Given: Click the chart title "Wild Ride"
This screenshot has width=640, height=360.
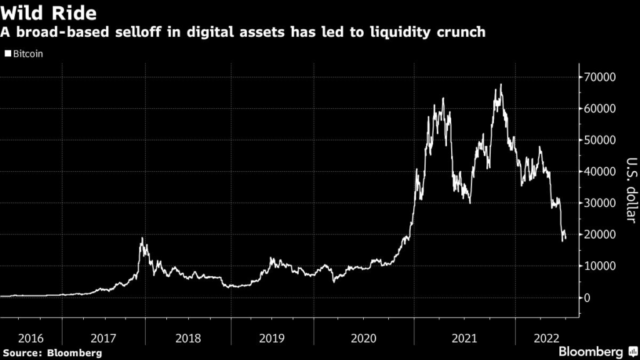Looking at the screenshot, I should coord(48,12).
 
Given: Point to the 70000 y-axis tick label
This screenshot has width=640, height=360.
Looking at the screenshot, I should coord(601,77).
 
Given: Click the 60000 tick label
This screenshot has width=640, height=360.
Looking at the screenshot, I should coord(601,109).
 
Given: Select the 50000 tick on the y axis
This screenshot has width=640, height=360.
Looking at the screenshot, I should coord(601,140).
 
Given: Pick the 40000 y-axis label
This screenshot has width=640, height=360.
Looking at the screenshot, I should coord(601,171).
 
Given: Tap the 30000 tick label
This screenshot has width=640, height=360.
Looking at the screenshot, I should coord(601,203).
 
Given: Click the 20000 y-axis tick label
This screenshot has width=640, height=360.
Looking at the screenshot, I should coord(601,234).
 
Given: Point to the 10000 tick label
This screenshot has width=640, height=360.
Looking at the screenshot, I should coord(601,266).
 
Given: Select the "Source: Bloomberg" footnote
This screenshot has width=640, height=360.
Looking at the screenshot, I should coord(51,353).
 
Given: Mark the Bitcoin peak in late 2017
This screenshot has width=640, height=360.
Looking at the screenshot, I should coord(142,238).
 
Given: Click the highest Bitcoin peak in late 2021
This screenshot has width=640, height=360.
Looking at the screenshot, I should coord(501,84).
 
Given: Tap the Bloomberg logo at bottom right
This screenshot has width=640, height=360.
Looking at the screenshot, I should coord(596,351).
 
